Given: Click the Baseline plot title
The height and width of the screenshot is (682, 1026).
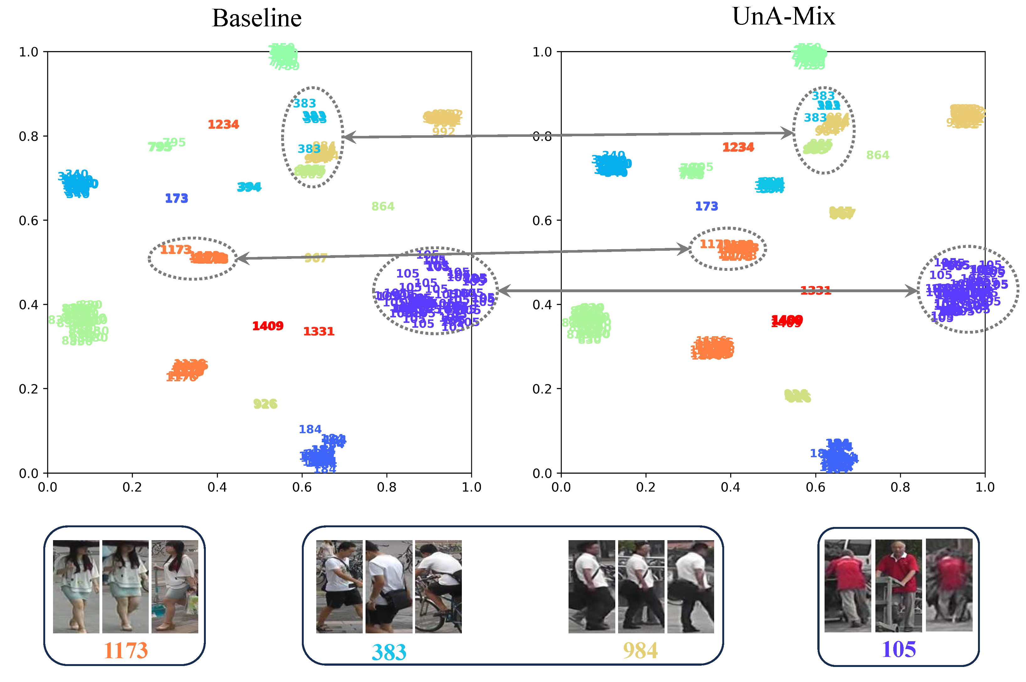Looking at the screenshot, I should pyautogui.click(x=257, y=18).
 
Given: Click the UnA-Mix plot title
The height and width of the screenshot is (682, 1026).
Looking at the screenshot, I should pyautogui.click(x=783, y=17).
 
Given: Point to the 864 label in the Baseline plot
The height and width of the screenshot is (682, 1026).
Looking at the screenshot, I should pyautogui.click(x=382, y=207).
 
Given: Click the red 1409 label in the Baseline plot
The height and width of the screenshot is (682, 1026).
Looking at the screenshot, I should pyautogui.click(x=268, y=326).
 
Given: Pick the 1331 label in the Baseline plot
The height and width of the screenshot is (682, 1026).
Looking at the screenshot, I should pyautogui.click(x=319, y=332).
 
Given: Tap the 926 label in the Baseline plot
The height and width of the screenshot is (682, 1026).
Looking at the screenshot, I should pyautogui.click(x=265, y=404).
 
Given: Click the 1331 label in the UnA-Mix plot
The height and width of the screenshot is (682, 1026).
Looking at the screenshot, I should pyautogui.click(x=815, y=291).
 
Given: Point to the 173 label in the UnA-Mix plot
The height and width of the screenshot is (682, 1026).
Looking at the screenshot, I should pyautogui.click(x=707, y=207).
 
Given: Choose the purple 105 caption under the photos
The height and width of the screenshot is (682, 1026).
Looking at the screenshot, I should pyautogui.click(x=898, y=649).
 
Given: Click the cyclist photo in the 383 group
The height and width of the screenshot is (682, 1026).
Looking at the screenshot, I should pyautogui.click(x=438, y=586).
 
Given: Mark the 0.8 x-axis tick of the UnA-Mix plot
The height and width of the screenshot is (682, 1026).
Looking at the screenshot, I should pyautogui.click(x=900, y=487).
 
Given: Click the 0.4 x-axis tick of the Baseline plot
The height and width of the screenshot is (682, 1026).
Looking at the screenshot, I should pyautogui.click(x=217, y=487).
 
